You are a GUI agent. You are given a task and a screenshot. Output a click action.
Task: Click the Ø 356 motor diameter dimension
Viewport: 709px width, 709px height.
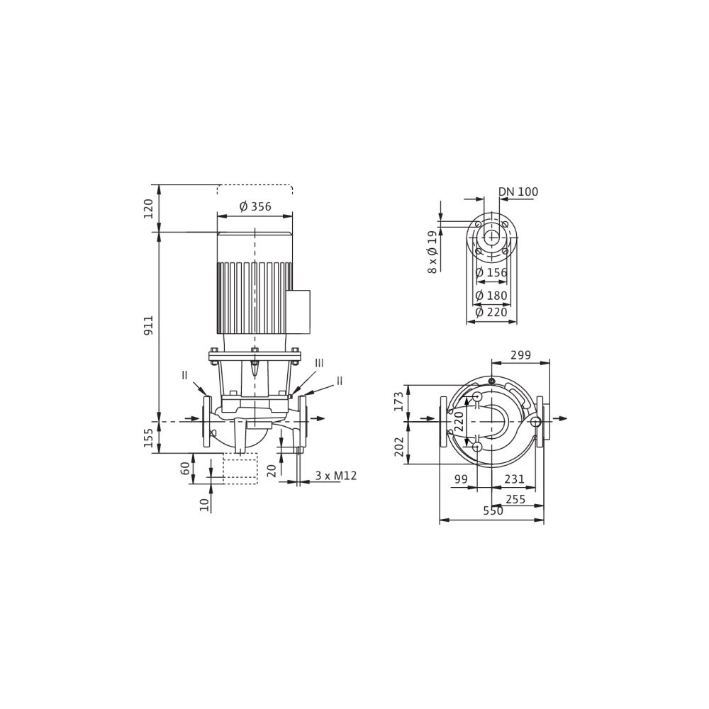click(255, 206)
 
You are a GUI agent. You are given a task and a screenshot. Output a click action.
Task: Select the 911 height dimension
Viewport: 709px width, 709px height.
click(149, 325)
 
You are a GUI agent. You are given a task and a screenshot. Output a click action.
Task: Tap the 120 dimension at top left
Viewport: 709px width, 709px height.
click(149, 208)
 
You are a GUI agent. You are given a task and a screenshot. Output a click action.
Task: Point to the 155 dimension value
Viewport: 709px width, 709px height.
click(149, 437)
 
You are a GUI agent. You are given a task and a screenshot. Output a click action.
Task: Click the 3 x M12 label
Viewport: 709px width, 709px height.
click(336, 476)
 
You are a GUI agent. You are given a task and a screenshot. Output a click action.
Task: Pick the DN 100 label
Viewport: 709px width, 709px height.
click(518, 191)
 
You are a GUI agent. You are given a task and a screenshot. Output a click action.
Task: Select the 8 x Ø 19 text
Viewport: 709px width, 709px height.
click(432, 252)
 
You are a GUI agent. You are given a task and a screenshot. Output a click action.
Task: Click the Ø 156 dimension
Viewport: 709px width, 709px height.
click(491, 273)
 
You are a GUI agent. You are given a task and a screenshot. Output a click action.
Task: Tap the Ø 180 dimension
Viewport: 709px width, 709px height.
click(491, 296)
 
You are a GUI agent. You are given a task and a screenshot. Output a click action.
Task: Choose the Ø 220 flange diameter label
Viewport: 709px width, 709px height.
click(491, 312)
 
